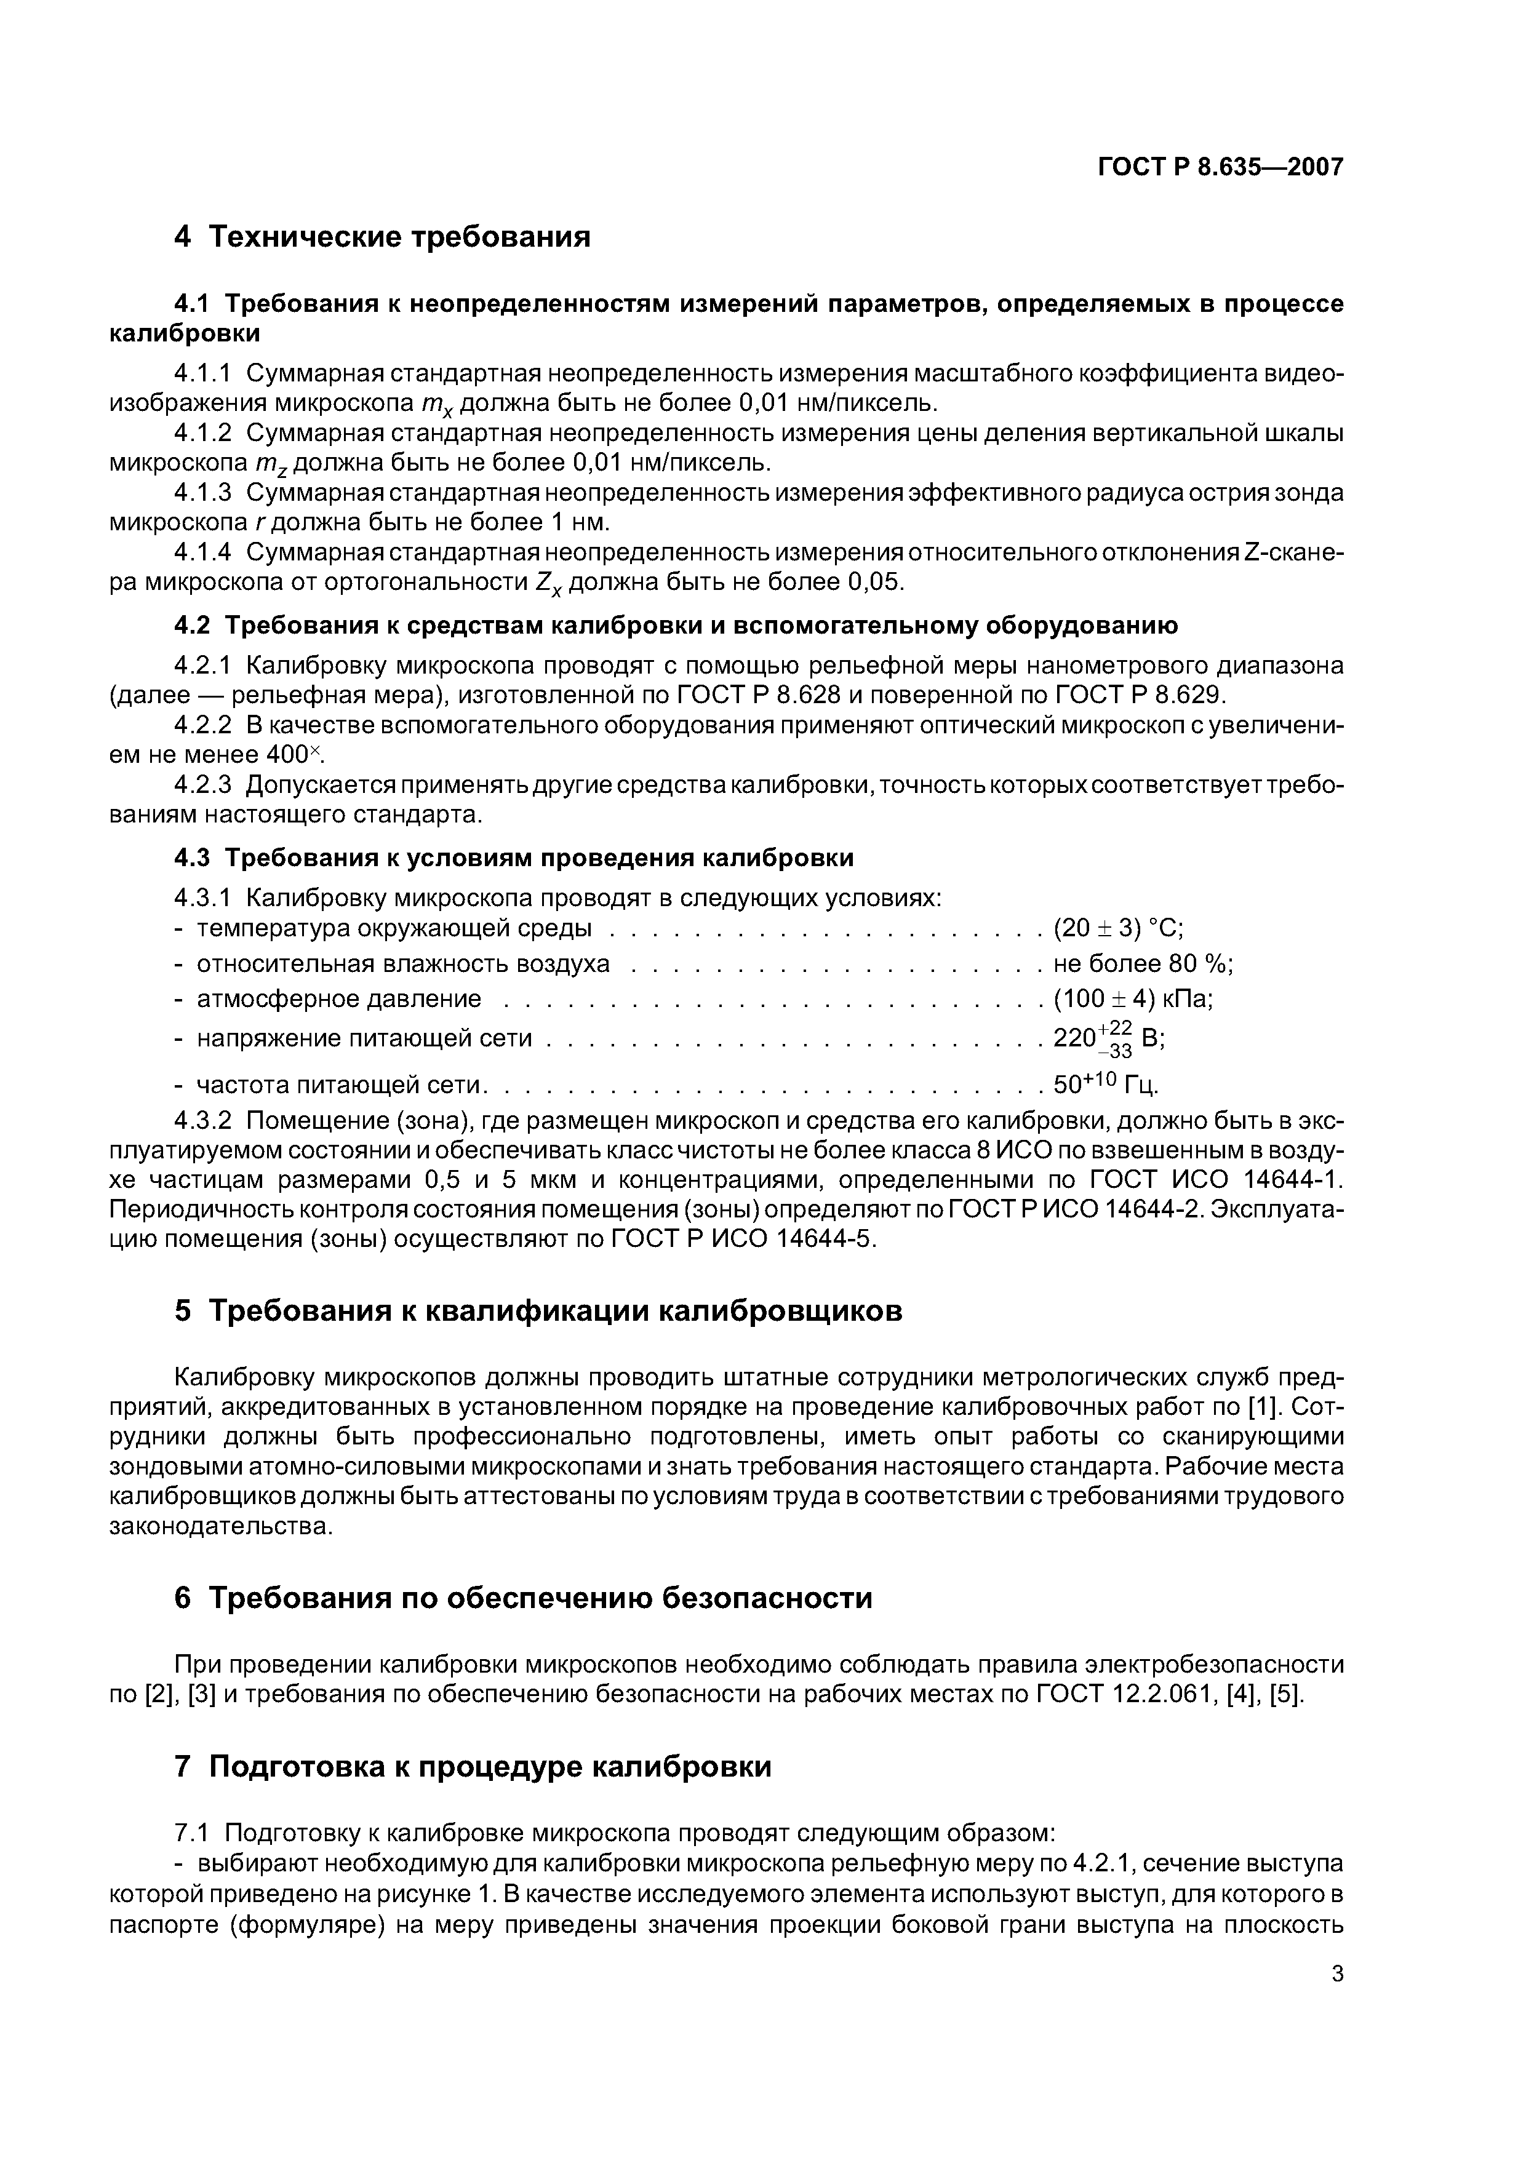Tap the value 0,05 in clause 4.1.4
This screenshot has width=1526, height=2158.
point(874,582)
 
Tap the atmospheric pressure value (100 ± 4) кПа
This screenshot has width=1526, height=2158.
point(1133,998)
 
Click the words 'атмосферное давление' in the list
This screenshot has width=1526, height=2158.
point(338,998)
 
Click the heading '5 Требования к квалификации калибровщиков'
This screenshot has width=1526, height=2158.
point(539,1310)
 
